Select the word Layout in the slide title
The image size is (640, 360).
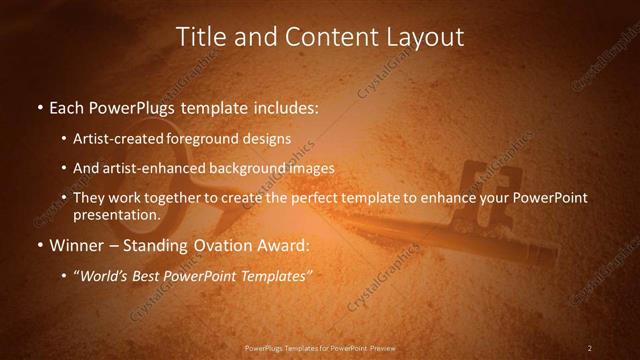tap(429, 37)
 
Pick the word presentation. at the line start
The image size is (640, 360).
tap(117, 215)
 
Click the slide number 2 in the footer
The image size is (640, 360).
tap(590, 348)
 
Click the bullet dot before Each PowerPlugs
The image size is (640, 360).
tap(39, 107)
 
